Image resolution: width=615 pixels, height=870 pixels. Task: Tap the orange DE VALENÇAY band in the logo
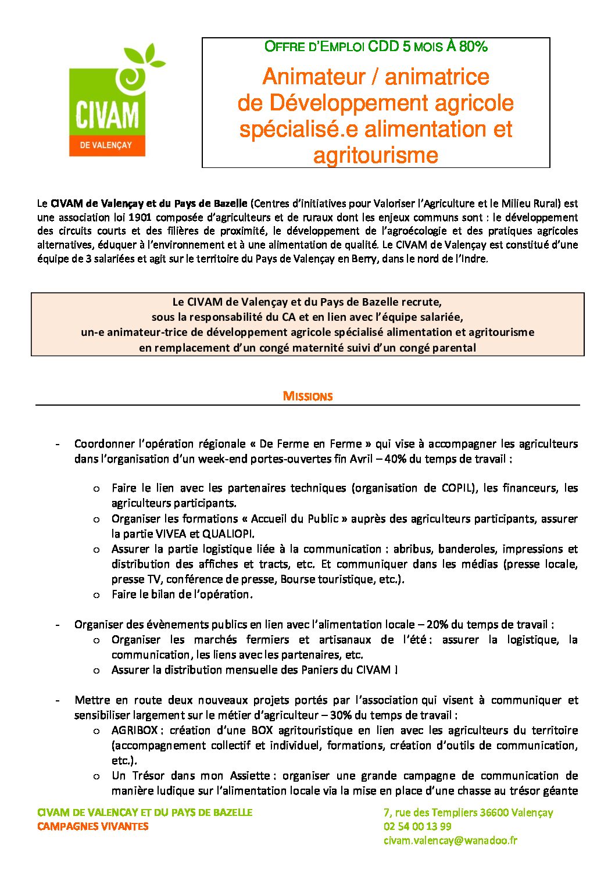click(x=106, y=145)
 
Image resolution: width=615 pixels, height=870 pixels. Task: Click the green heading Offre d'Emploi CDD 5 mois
click(x=376, y=47)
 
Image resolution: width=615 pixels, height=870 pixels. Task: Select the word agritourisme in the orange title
click(x=376, y=155)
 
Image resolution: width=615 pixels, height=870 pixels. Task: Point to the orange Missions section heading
click(x=307, y=396)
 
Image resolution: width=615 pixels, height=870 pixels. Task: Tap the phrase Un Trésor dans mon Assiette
click(x=191, y=776)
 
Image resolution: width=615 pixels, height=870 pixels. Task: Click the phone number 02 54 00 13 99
click(x=417, y=826)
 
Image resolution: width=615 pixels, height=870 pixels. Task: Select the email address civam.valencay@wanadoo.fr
click(x=450, y=840)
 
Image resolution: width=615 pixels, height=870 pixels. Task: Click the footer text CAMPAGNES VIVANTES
click(x=93, y=826)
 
